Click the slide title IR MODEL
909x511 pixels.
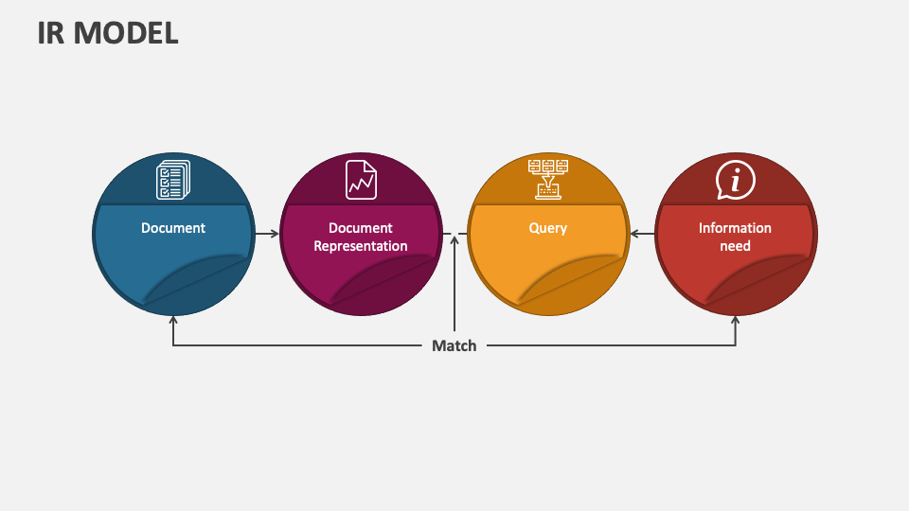pyautogui.click(x=108, y=32)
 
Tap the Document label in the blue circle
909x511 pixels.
pyautogui.click(x=173, y=228)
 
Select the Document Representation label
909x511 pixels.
pyautogui.click(x=361, y=237)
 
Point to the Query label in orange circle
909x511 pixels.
pyautogui.click(x=548, y=228)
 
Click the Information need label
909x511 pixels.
pyautogui.click(x=735, y=237)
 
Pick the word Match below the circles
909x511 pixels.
pyautogui.click(x=454, y=345)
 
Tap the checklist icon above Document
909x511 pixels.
pyautogui.click(x=173, y=180)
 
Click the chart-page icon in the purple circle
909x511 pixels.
pyautogui.click(x=361, y=180)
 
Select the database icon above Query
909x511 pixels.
pyautogui.click(x=548, y=179)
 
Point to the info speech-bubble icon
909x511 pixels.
pyautogui.click(x=735, y=180)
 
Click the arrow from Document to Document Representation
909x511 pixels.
pyautogui.click(x=267, y=233)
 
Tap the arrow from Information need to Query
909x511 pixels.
pyautogui.click(x=642, y=233)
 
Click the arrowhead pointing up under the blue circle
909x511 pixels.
pyautogui.click(x=173, y=320)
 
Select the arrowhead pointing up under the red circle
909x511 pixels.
pyautogui.click(x=736, y=320)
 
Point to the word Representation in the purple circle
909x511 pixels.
pyautogui.click(x=361, y=246)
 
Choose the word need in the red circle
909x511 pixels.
pyautogui.click(x=735, y=246)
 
